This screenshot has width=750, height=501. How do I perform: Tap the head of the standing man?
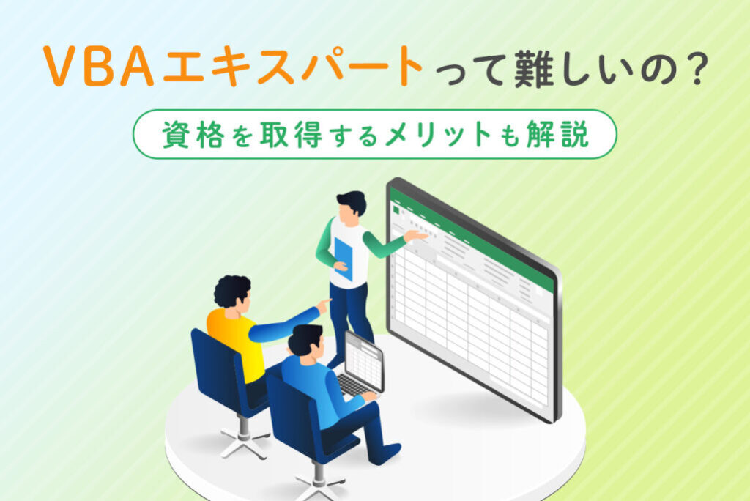[x=352, y=205]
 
